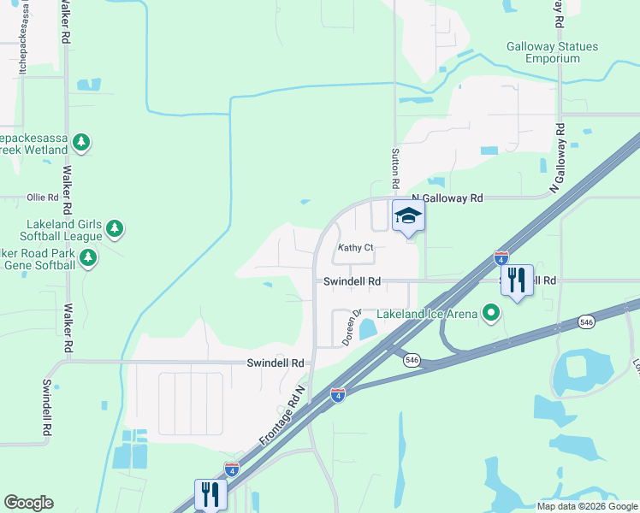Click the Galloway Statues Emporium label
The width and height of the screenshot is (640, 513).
[x=552, y=52]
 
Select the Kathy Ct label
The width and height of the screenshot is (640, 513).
[x=356, y=248]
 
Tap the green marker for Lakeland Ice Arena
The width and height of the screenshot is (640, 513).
[x=490, y=314]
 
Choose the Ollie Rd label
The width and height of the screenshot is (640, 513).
[x=42, y=198]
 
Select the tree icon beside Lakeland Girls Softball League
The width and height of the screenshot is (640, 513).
[x=115, y=229]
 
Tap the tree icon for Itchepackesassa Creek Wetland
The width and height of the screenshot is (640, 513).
[x=81, y=142]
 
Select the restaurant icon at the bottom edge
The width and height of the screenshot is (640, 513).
[x=210, y=493]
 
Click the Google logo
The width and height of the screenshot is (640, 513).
[x=28, y=503]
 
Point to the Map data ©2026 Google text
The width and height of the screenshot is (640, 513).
[x=586, y=506]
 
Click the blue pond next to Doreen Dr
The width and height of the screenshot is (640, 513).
[x=368, y=328]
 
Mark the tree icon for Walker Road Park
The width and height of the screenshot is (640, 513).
[x=87, y=256]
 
